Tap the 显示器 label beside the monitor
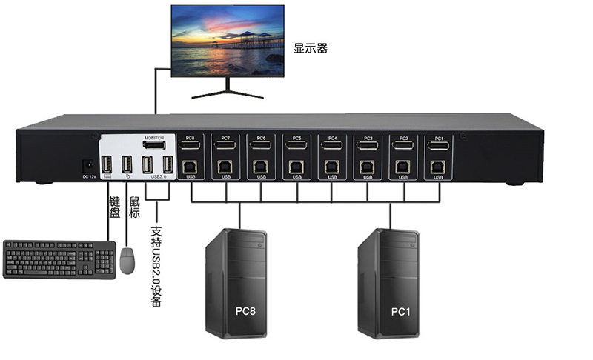click(311, 49)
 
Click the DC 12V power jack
click(87, 165)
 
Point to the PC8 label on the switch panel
click(191, 139)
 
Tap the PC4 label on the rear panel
click(332, 139)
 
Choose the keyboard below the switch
click(59, 259)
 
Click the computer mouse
click(127, 261)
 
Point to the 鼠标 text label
click(134, 207)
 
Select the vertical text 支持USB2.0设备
click(156, 266)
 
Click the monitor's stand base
click(227, 95)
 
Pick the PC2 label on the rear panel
click(403, 139)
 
